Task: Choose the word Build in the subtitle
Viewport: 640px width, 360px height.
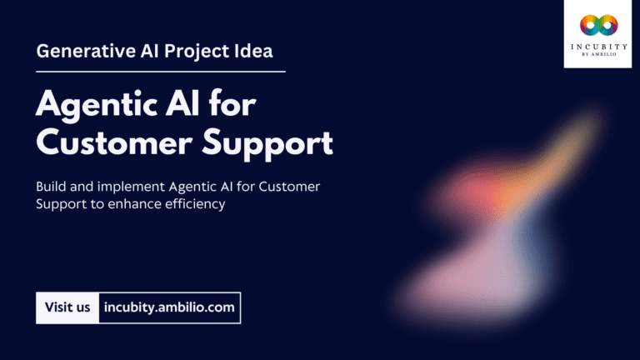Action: [x=52, y=187]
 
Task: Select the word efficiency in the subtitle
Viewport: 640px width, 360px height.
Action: [x=195, y=205]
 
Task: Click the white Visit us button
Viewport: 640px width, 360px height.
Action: [x=67, y=307]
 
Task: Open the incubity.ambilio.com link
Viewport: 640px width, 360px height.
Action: [x=169, y=307]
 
